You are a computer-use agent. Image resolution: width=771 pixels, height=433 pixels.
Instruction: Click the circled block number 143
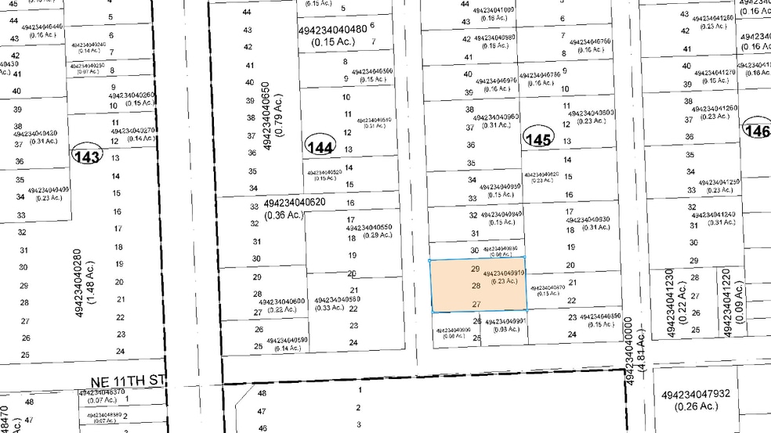click(x=86, y=157)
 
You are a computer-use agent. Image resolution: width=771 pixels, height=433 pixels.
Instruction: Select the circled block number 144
click(x=320, y=146)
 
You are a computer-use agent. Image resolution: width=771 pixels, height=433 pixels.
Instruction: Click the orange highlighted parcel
click(x=477, y=283)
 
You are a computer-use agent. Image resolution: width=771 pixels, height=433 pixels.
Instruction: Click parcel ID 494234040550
click(x=369, y=228)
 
